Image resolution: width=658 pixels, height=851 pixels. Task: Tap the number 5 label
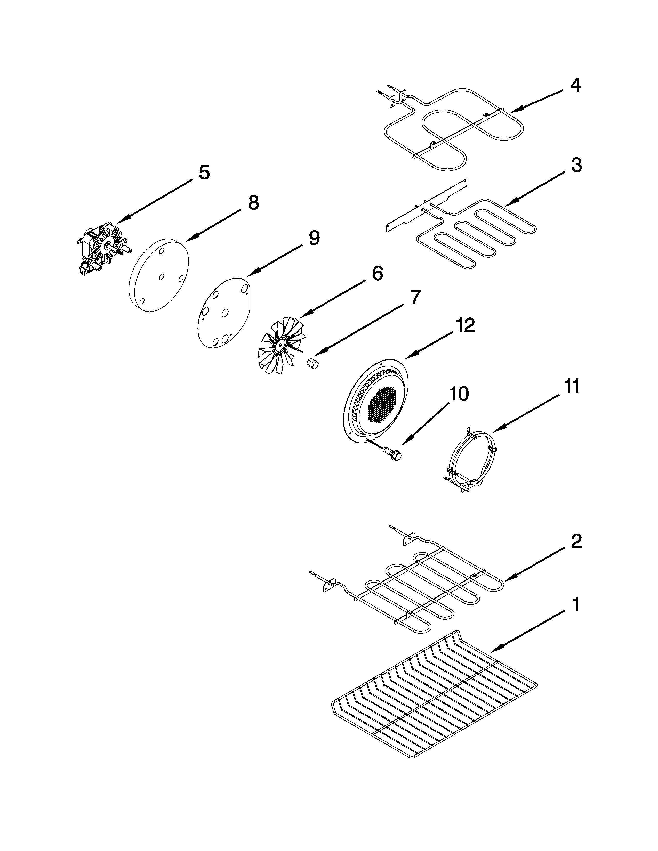[x=204, y=173]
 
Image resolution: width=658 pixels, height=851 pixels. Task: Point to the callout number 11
[x=572, y=387]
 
